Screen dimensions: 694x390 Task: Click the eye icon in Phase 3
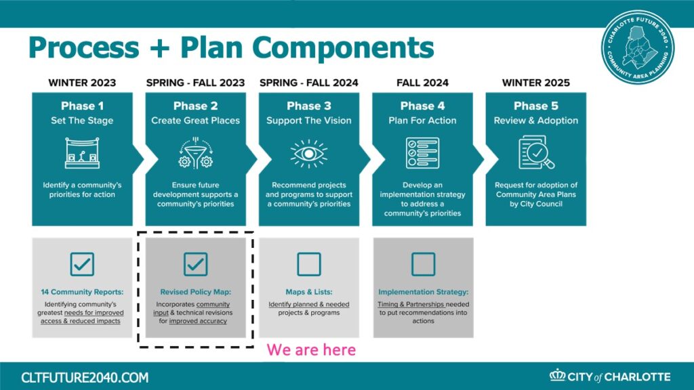click(309, 154)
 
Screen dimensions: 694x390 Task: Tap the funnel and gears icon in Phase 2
click(195, 153)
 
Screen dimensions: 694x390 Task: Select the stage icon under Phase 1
click(82, 153)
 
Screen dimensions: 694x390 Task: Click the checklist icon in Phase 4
click(423, 153)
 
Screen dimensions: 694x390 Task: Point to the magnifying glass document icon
click(536, 152)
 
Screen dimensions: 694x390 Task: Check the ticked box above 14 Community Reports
click(82, 264)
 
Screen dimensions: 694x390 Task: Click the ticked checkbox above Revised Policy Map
click(196, 264)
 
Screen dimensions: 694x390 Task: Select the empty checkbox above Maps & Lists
click(309, 264)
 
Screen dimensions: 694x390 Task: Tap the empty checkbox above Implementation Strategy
click(423, 264)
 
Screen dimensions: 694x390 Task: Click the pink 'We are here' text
click(311, 350)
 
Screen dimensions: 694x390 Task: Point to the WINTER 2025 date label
click(536, 83)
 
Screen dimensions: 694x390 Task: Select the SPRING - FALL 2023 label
click(196, 83)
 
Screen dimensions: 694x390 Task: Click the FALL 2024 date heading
click(423, 83)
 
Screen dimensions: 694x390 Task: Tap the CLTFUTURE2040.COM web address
click(85, 378)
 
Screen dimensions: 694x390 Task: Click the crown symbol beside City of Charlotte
click(558, 375)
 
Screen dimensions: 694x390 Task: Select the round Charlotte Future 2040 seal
click(638, 47)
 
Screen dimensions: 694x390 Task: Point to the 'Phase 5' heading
click(536, 106)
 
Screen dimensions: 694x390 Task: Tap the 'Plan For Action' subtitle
click(422, 121)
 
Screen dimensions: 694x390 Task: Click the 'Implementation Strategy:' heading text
click(423, 292)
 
